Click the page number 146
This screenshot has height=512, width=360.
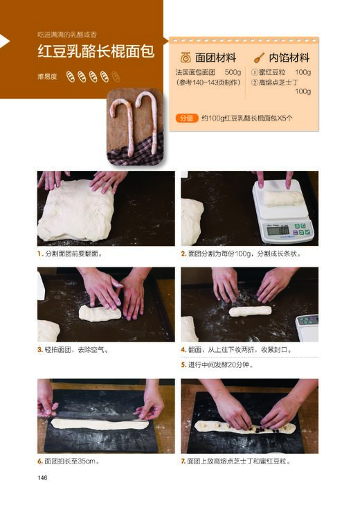point(42,477)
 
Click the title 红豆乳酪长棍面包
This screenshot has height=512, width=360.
point(96,53)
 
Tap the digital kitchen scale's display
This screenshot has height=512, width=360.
point(278,230)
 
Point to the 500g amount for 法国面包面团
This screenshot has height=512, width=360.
point(233,72)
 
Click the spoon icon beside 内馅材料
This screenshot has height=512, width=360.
point(260,58)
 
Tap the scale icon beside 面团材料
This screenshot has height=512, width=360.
point(186,58)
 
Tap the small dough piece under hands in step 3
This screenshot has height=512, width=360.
point(99,313)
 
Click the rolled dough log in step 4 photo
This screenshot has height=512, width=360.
point(250,311)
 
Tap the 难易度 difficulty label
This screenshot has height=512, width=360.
point(48,77)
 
